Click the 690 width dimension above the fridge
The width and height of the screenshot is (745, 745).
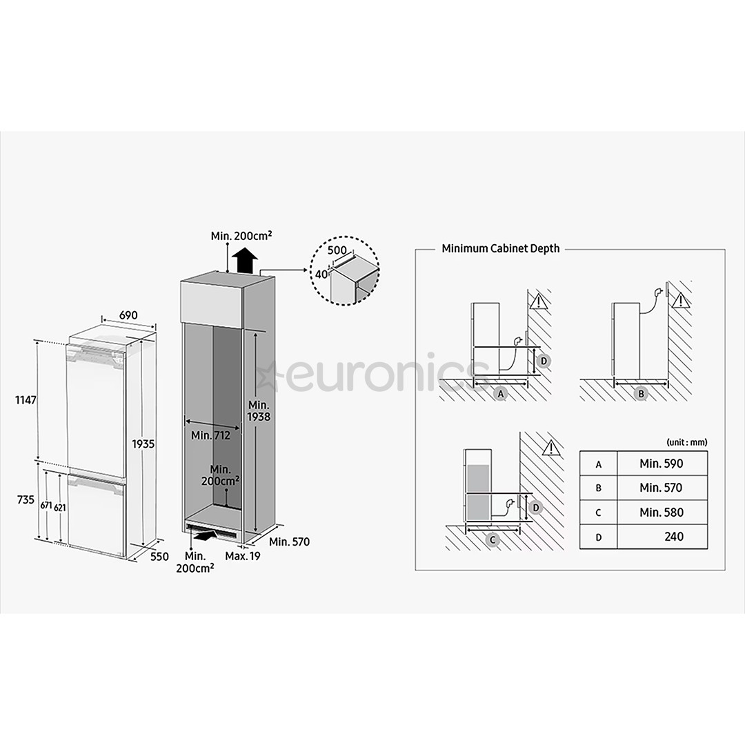(x=128, y=315)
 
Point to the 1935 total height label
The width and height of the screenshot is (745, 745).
(x=143, y=444)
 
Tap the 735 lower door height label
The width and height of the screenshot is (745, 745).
(x=25, y=499)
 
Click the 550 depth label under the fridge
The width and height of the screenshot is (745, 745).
(x=159, y=556)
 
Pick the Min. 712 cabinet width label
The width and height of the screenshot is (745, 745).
(x=211, y=435)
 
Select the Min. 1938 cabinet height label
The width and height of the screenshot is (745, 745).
(x=259, y=410)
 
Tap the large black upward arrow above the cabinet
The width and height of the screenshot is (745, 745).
(x=245, y=261)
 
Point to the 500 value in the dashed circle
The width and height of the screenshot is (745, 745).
(x=337, y=250)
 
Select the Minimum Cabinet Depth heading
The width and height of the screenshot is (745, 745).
(x=501, y=248)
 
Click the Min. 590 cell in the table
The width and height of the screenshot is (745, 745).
(x=660, y=464)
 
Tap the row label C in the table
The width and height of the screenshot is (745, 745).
(x=598, y=513)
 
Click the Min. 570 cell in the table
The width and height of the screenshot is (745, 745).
(x=660, y=488)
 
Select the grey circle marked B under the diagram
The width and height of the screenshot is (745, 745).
(x=640, y=394)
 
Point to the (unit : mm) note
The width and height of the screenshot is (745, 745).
(x=686, y=442)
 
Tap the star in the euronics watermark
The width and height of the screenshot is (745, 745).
(x=268, y=376)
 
